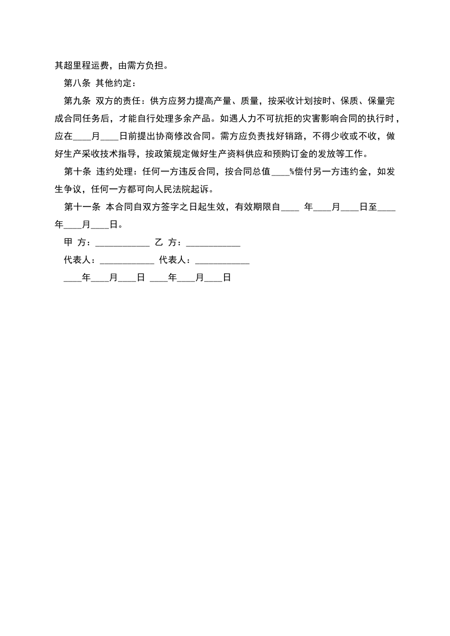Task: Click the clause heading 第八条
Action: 77,83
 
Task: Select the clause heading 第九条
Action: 77,101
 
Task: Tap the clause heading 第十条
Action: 77,172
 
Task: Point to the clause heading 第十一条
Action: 81,207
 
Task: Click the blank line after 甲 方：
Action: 123,243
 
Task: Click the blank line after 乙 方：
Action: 213,243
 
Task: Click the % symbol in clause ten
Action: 292,172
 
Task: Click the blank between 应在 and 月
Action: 82,137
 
